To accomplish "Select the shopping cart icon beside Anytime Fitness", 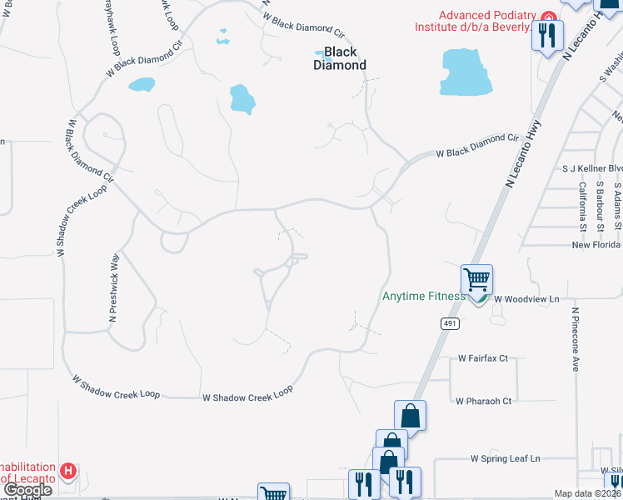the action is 477,280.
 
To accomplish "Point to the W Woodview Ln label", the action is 525,297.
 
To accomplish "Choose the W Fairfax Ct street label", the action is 483,358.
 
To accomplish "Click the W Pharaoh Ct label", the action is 483,401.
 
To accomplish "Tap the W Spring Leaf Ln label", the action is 505,458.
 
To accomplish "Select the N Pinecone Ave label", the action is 575,339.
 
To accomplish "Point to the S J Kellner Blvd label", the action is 592,168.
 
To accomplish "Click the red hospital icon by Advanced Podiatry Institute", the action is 548,16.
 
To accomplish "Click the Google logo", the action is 27,490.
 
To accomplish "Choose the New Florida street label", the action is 596,244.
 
